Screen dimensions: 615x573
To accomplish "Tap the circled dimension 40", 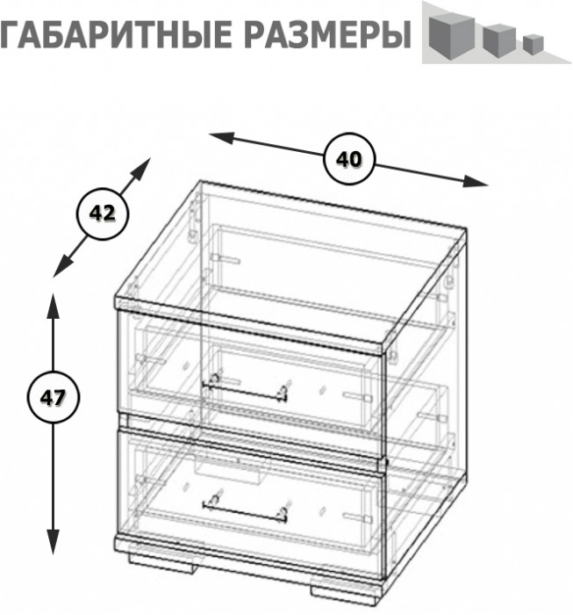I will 349,159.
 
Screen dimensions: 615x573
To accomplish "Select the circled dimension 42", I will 103,213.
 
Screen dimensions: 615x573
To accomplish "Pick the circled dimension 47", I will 53,396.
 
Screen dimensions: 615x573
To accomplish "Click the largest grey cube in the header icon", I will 448,35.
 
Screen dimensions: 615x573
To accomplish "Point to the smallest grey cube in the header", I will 530,42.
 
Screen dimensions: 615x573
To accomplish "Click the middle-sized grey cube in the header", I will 497,39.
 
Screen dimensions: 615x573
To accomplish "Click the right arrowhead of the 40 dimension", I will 478,183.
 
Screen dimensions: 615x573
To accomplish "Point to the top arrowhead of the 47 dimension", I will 54,303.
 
